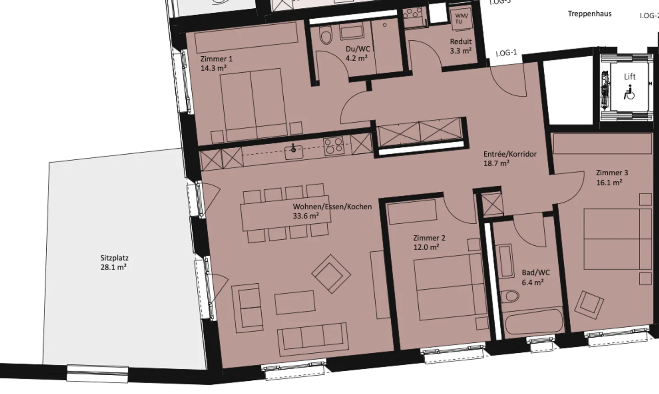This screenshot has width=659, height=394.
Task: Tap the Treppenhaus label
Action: click(x=589, y=14)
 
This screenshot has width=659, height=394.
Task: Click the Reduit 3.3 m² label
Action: click(x=460, y=46)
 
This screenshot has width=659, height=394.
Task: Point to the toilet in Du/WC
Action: click(x=326, y=35)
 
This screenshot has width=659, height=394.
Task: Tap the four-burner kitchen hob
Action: click(x=334, y=146)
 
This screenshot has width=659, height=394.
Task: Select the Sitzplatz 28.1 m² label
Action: click(x=114, y=263)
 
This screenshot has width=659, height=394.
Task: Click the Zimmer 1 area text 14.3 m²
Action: click(x=213, y=68)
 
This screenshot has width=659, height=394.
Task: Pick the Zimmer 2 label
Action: click(x=429, y=238)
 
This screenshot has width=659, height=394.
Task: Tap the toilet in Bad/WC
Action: click(x=509, y=297)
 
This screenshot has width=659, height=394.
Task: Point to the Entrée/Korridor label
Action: click(x=510, y=154)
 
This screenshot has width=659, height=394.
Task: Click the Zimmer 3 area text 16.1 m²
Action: click(x=609, y=183)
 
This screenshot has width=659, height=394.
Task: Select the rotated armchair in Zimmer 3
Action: click(x=589, y=304)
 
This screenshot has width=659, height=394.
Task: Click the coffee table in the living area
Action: click(x=294, y=302)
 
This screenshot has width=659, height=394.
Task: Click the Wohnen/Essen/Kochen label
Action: click(x=332, y=206)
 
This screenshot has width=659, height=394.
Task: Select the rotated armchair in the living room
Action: click(x=331, y=274)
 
